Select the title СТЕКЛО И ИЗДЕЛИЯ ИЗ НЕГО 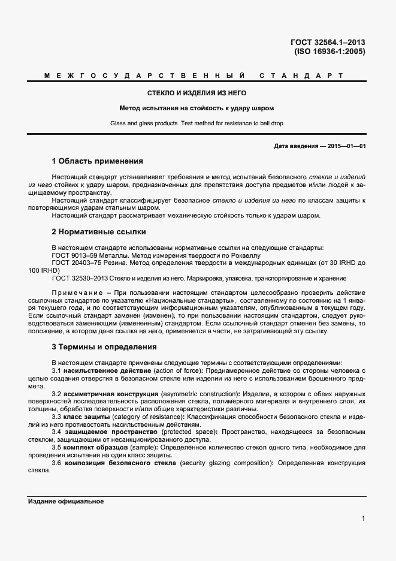tap(197, 93)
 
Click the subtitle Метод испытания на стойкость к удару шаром tap(197, 108)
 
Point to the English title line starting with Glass tap(197, 123)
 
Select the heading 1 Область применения tap(98, 161)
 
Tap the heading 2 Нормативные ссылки tap(99, 231)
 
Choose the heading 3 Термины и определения tap(104, 346)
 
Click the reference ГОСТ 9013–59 tap(73, 255)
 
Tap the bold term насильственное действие tap(101, 372)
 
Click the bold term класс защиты tap(88, 417)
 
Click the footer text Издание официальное tap(66, 501)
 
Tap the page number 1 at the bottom tap(363, 518)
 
